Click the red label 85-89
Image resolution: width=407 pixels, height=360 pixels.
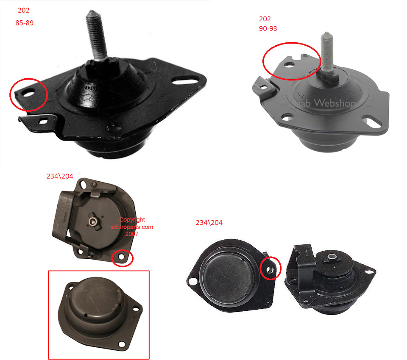25,23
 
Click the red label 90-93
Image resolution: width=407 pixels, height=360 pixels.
268,28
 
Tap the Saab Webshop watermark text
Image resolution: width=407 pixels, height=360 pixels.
323,103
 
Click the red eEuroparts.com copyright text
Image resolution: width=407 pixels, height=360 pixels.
132,227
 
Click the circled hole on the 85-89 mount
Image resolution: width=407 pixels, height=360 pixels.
29,93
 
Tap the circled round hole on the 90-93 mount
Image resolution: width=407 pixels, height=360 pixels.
290,64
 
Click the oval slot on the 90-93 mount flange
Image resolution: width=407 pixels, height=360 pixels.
373,123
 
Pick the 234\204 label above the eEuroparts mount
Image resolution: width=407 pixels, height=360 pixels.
60,176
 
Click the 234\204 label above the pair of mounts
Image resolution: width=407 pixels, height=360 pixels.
209,222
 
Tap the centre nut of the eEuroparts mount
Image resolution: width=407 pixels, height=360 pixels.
92,221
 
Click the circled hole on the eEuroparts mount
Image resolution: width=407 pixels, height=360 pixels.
122,257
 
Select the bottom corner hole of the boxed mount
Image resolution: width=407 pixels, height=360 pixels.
122,344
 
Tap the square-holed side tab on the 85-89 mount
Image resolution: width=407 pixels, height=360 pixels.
39,121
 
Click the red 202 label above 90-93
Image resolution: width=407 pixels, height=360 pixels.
265,19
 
